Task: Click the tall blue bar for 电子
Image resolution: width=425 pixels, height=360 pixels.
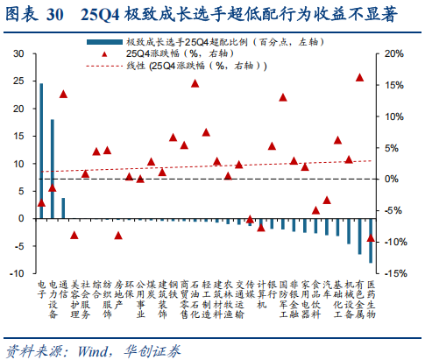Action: tap(41, 151)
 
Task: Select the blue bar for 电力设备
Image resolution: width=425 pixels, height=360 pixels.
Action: tap(53, 169)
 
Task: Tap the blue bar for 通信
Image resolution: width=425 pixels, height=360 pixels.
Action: tap(63, 208)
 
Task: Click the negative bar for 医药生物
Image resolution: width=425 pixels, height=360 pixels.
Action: tap(371, 241)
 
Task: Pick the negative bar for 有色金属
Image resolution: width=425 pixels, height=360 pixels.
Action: tap(360, 236)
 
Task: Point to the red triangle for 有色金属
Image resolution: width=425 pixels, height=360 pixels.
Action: tap(359, 78)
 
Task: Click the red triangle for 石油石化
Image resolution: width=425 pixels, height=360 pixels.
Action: tap(195, 84)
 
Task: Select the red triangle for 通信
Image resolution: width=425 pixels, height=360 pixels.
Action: tap(63, 95)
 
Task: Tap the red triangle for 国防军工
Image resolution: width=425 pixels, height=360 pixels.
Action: tap(283, 97)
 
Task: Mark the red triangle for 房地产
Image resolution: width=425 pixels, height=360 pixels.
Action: tap(118, 236)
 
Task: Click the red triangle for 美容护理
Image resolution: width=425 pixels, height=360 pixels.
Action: tap(74, 235)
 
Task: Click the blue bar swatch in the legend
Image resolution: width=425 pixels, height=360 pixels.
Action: tap(104, 42)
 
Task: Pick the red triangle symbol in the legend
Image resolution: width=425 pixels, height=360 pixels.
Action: tap(104, 54)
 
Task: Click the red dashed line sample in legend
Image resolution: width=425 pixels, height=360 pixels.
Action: tap(104, 66)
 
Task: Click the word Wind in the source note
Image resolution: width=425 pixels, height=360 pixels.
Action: tap(93, 351)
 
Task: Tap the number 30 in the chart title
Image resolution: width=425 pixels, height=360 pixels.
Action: tap(54, 14)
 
